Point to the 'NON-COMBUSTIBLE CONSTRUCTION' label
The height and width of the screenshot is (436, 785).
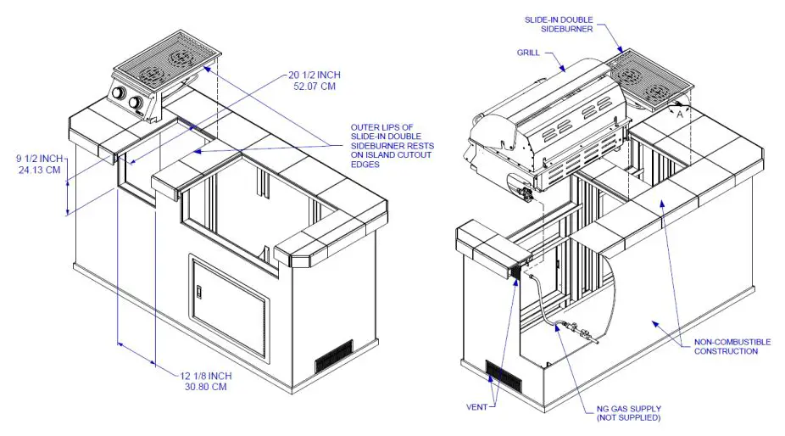point(732,346)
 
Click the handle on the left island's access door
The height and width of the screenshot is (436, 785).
point(200,293)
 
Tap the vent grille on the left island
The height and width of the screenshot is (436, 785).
point(334,356)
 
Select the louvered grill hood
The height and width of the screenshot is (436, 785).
point(551,119)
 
